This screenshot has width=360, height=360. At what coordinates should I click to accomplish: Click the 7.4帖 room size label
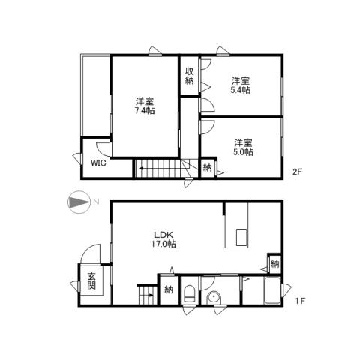pyautogui.click(x=145, y=111)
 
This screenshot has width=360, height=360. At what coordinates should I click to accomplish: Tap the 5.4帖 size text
pyautogui.click(x=241, y=89)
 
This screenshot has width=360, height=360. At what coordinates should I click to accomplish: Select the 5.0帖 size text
pyautogui.click(x=242, y=151)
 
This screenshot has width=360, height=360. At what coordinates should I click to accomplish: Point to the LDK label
pyautogui.click(x=162, y=233)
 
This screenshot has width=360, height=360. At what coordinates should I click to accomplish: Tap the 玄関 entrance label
pyautogui.click(x=91, y=282)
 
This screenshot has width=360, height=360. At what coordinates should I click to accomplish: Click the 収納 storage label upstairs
pyautogui.click(x=190, y=76)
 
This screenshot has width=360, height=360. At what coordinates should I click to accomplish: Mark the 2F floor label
pyautogui.click(x=297, y=171)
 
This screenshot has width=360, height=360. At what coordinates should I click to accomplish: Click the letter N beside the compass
pyautogui.click(x=96, y=200)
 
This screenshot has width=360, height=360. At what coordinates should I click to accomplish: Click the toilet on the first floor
pyautogui.click(x=190, y=291)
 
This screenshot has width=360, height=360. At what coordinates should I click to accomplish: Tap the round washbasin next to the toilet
pyautogui.click(x=216, y=298)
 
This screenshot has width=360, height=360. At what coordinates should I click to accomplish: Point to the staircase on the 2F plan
pyautogui.click(x=159, y=169)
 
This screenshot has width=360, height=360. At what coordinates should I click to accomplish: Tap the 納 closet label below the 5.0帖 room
pyautogui.click(x=208, y=168)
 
